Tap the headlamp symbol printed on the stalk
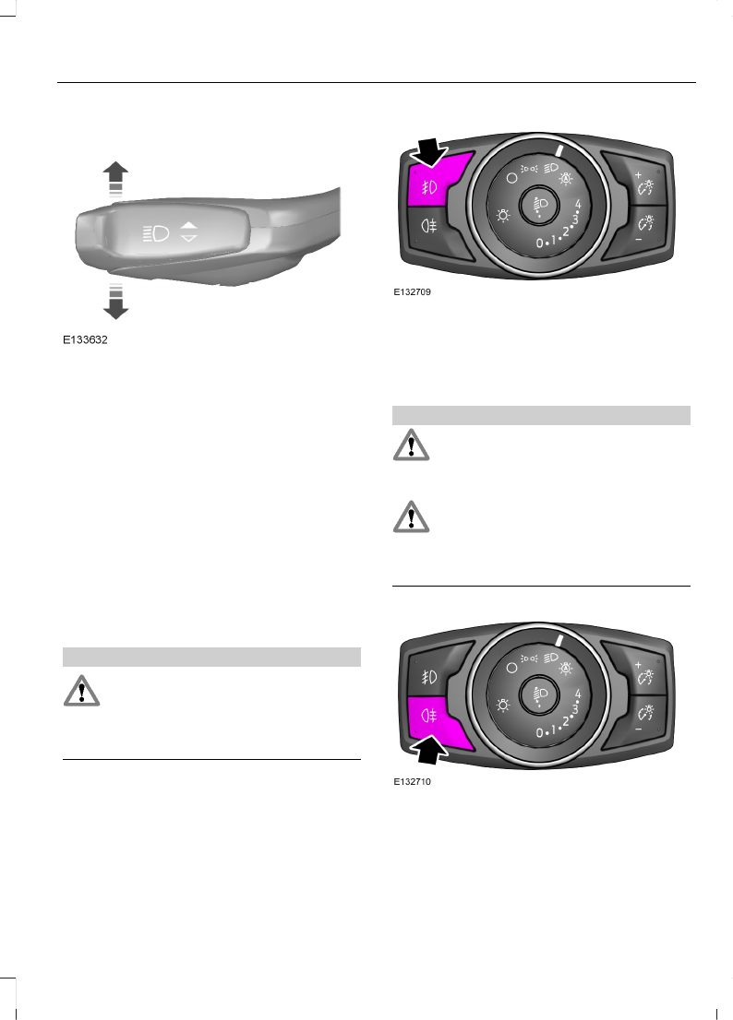154,232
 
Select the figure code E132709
413,293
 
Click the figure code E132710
413,782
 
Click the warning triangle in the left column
79,692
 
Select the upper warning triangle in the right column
411,445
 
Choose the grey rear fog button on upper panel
428,224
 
